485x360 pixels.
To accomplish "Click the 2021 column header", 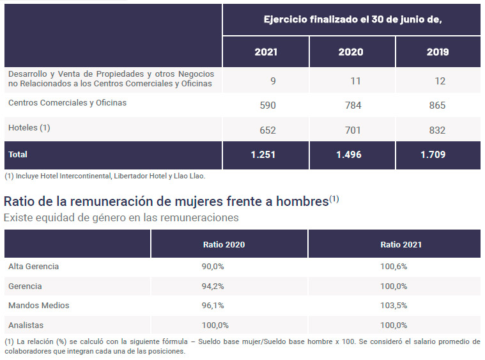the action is point(266,52).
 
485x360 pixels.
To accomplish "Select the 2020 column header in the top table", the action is point(350,52).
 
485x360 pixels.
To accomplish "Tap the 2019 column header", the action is point(437,52).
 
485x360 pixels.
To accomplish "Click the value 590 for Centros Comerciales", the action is point(268,106).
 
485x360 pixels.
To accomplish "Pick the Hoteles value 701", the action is point(353,130).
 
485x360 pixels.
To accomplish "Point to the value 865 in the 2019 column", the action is point(437,106).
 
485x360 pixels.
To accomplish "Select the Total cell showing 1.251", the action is point(263,155).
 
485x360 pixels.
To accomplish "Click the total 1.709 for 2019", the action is point(433,155).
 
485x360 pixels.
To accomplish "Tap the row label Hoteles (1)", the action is point(29,127).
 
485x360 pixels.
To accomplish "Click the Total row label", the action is point(18,155).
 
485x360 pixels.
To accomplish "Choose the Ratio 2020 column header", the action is point(224,244).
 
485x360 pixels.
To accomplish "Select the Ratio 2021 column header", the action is point(401,244).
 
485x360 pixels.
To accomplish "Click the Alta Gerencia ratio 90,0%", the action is point(213,266).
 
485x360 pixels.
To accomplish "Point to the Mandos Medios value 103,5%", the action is point(394,305).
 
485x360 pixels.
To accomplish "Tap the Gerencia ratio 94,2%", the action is point(213,286).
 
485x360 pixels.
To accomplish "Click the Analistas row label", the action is point(26,325).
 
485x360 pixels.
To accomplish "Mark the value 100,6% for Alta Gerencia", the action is point(394,266).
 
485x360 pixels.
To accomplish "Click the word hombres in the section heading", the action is point(302,201).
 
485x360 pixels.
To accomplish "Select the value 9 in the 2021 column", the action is point(273,81).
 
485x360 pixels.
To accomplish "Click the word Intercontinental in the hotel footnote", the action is point(85,176).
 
